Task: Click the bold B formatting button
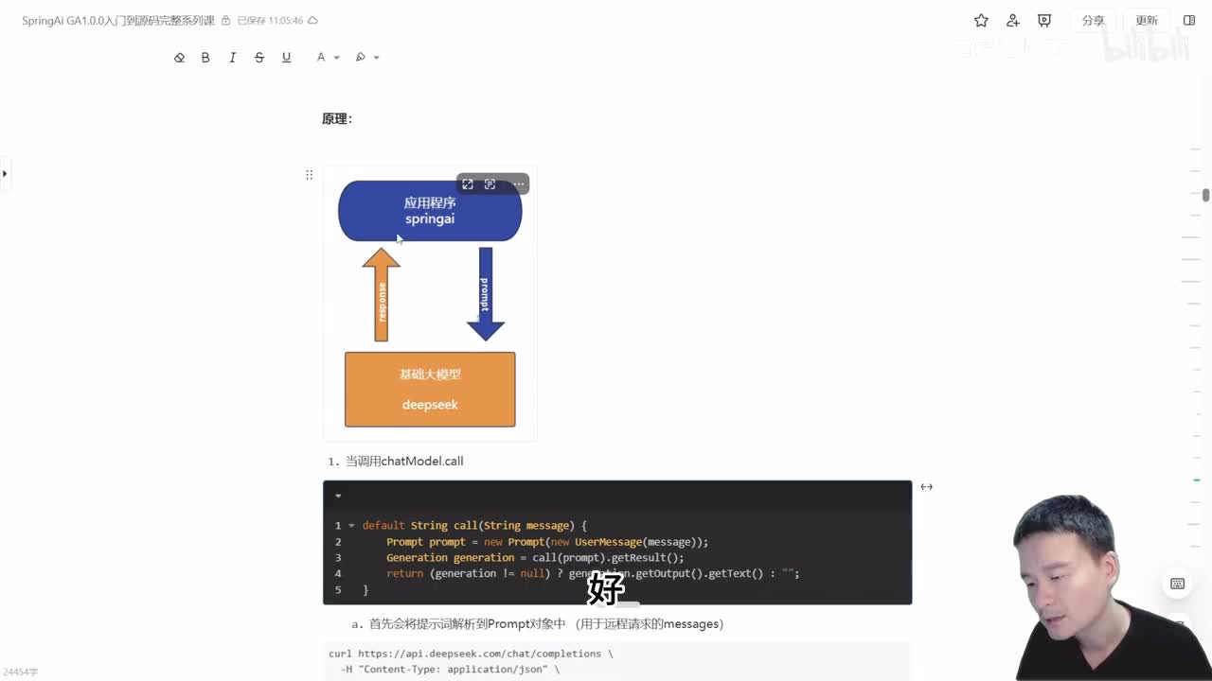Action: [205, 58]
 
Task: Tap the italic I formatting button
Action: [232, 58]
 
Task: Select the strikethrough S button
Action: [259, 58]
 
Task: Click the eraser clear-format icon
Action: [179, 58]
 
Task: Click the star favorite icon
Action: [981, 21]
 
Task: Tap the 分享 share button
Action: [1093, 21]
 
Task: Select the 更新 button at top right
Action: [1147, 21]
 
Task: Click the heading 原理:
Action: [337, 119]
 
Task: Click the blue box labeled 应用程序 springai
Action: [430, 211]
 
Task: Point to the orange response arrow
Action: [382, 295]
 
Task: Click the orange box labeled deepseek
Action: [430, 390]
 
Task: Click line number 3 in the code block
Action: [338, 558]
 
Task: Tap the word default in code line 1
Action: [383, 526]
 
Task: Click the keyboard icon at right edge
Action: [1177, 584]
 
